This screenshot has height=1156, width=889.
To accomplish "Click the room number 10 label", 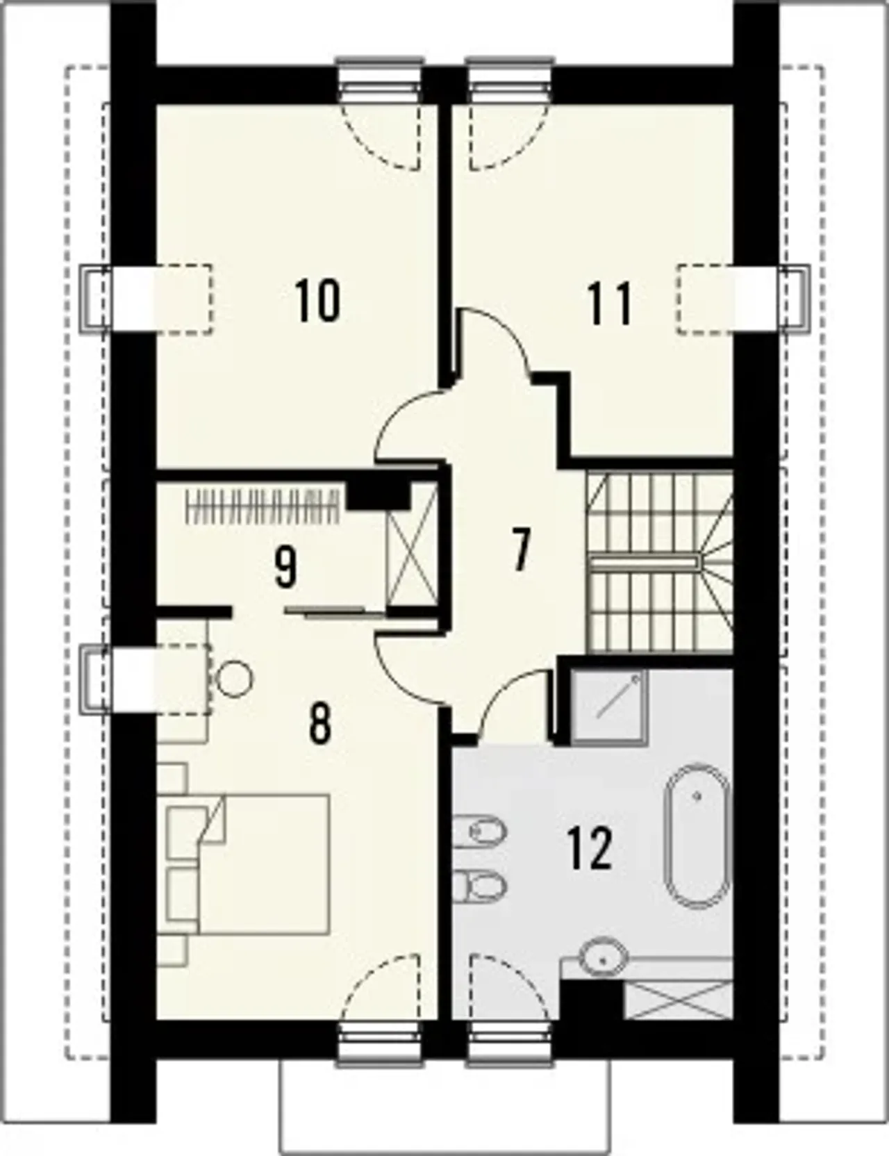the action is click(317, 300).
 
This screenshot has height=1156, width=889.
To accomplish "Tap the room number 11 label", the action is click(610, 304).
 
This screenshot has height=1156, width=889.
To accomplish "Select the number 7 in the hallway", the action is click(520, 549).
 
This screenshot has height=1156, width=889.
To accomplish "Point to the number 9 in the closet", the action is click(285, 567).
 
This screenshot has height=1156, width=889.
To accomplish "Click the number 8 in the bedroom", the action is click(319, 724).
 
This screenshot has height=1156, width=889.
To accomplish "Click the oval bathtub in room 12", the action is click(698, 836).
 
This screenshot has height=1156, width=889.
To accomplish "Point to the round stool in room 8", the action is click(234, 678).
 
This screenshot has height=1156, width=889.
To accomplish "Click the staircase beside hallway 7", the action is click(659, 561).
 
